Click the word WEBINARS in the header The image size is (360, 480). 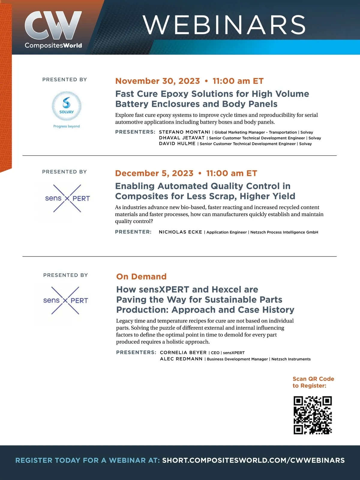pos(224,25)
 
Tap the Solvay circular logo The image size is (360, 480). pos(67,106)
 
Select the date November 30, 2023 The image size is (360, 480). pos(157,81)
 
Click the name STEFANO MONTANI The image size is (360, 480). pos(184,132)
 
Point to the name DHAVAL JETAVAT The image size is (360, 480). pos(182,138)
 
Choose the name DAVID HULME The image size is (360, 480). pos(177,143)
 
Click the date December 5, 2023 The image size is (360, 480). pos(154,173)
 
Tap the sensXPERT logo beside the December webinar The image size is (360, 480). pos(67,198)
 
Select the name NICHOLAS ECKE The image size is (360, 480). pos(180,232)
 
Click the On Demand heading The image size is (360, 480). pos(141,276)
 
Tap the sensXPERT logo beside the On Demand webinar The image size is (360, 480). pos(65,300)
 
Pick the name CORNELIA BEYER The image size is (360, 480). pos(183,352)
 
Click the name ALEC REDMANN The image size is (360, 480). pos(181,359)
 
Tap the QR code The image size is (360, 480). pos(313,415)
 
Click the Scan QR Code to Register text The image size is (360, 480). pos(313,382)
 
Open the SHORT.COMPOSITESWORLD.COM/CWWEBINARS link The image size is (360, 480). pos(253,460)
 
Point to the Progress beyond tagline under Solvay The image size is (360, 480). pos(67,126)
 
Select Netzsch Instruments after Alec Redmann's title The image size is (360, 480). pos(291,359)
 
